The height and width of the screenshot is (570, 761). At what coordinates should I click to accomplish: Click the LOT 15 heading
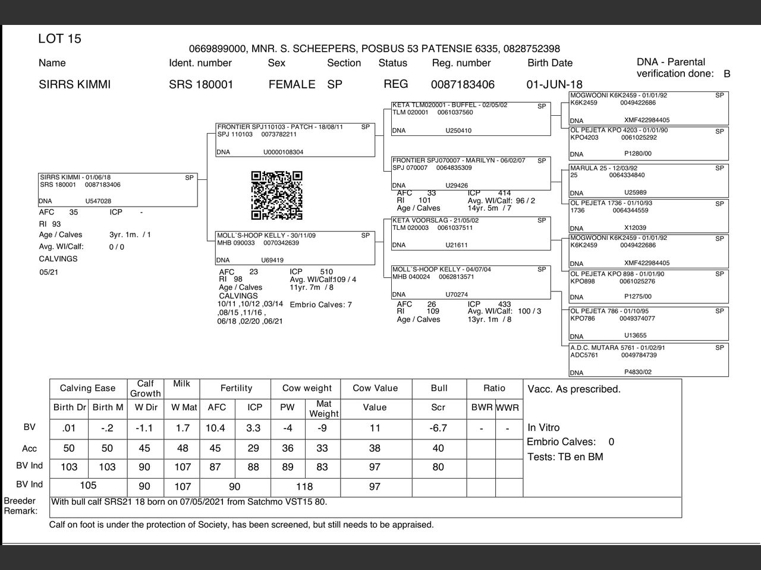click(59, 39)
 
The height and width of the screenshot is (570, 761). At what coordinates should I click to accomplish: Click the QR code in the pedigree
click(276, 195)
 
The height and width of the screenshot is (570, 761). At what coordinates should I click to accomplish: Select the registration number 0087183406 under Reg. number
click(463, 85)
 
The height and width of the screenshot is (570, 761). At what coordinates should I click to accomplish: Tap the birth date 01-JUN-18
click(554, 85)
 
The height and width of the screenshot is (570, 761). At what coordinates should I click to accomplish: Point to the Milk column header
click(181, 384)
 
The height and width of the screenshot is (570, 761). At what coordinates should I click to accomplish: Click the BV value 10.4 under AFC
click(215, 428)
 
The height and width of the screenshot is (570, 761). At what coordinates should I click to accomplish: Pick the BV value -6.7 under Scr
click(438, 428)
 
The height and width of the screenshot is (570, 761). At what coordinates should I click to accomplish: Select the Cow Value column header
click(375, 388)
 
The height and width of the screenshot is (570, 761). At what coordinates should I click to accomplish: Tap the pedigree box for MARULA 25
click(649, 180)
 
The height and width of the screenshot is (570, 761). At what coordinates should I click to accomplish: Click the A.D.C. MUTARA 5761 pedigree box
click(649, 360)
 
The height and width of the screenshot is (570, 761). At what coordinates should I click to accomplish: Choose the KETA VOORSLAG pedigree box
click(471, 233)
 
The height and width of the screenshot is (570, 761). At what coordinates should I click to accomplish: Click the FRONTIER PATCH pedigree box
click(295, 140)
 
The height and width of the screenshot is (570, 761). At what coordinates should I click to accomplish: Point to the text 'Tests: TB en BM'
click(565, 457)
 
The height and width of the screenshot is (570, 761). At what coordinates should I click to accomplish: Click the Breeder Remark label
click(20, 506)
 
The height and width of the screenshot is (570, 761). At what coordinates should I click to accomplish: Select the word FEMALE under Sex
click(292, 85)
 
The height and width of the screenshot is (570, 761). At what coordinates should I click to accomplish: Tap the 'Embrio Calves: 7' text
click(320, 305)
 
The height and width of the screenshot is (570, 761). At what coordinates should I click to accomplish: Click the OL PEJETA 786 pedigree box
click(649, 324)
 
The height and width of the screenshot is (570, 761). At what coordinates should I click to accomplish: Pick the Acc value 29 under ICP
click(253, 449)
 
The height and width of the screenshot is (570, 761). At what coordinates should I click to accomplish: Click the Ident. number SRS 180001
click(201, 85)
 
